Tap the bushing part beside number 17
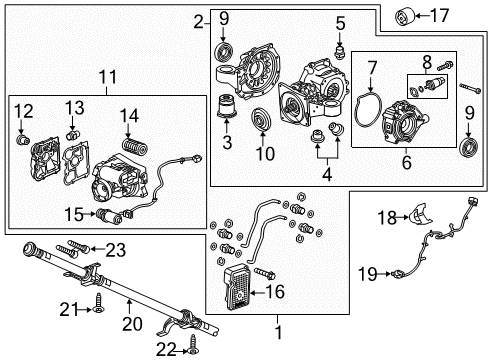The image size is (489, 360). pyautogui.click(x=407, y=16)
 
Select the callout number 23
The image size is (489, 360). pyautogui.click(x=118, y=249)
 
